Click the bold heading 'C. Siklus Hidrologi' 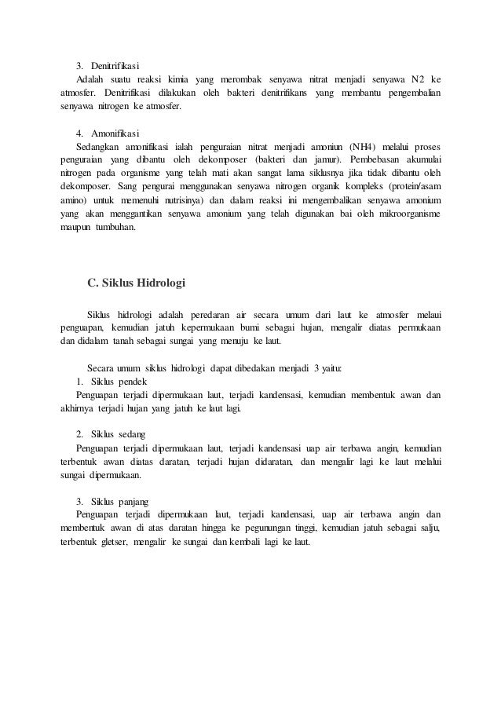tap(136, 283)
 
